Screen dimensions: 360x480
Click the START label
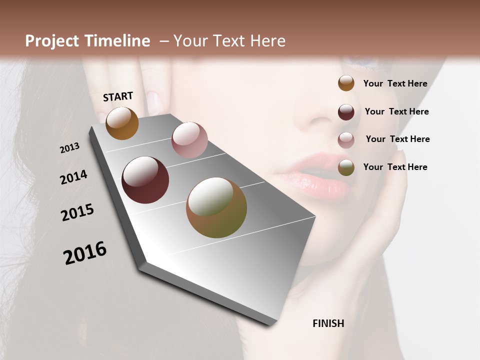[x=118, y=96]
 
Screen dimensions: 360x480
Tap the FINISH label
[x=328, y=323]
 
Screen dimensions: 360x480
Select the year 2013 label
[x=69, y=148]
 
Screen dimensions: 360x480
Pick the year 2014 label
[x=73, y=177]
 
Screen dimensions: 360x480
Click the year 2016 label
[x=85, y=253]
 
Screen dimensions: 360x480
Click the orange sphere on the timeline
[x=122, y=123]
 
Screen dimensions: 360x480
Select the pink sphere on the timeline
[x=189, y=140]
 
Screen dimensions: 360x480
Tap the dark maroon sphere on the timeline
[x=145, y=180]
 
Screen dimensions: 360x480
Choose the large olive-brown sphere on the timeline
[x=216, y=207]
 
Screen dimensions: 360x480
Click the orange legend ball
[x=346, y=83]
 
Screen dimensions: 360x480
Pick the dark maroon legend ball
[x=346, y=112]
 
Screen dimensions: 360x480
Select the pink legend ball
[x=346, y=140]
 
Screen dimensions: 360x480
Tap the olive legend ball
[x=346, y=167]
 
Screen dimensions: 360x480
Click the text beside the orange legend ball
[x=395, y=83]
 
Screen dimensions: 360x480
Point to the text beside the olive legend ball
[x=395, y=167]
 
